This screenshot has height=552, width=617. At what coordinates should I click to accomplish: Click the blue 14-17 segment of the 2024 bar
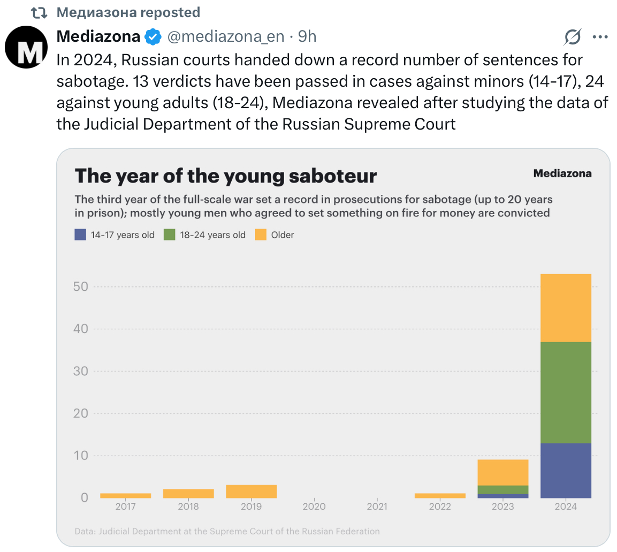click(x=566, y=470)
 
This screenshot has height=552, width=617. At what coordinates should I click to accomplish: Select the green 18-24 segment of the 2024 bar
click(x=566, y=392)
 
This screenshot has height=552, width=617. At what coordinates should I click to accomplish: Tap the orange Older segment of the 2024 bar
click(x=566, y=308)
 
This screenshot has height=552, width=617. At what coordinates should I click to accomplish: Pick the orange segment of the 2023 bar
click(x=502, y=472)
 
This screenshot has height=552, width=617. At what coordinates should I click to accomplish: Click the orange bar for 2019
click(x=252, y=491)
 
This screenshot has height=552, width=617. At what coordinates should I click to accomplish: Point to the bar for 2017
click(x=125, y=495)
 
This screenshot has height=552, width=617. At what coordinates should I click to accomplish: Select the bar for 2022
click(x=440, y=495)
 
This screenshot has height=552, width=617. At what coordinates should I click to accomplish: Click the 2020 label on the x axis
click(x=314, y=506)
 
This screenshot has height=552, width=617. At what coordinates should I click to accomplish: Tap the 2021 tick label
click(x=377, y=506)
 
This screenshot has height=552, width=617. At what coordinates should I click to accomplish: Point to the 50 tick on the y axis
click(x=80, y=286)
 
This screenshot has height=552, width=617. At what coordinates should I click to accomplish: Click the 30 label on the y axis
click(x=80, y=371)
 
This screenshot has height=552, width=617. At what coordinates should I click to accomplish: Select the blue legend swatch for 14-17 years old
click(x=80, y=235)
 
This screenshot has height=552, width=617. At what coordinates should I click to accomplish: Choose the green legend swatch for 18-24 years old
click(x=170, y=235)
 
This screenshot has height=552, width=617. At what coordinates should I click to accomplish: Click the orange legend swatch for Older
click(x=261, y=235)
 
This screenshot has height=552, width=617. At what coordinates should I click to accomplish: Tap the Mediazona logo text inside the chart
click(x=562, y=173)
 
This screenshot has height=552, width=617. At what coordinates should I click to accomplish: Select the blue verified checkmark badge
click(x=153, y=37)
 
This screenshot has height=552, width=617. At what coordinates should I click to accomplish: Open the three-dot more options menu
click(x=600, y=37)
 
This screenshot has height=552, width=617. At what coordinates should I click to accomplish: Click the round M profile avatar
click(x=26, y=47)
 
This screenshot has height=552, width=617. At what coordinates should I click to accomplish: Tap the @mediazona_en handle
click(x=225, y=36)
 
